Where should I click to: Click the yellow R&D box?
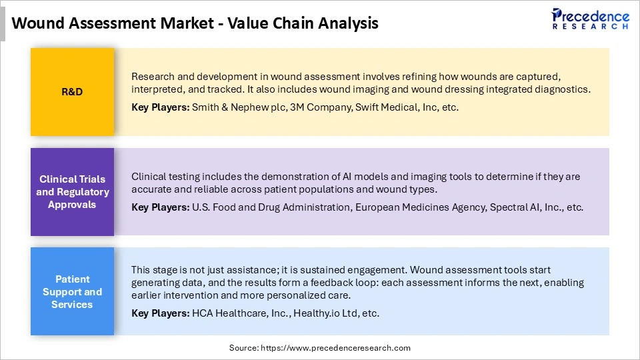pos(72,92)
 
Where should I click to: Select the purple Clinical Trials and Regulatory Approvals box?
pos(72,192)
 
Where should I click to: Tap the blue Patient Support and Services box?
pos(72,291)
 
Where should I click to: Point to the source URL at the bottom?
pos(320,348)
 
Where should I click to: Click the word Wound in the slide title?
pos(38,23)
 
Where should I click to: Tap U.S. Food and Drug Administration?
pos(271,207)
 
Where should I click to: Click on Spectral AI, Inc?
pos(526,207)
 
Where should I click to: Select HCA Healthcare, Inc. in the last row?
pos(239,313)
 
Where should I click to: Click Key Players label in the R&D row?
pos(160,107)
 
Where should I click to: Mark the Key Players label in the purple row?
pos(160,207)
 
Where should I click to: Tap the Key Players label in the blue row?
pos(160,313)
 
